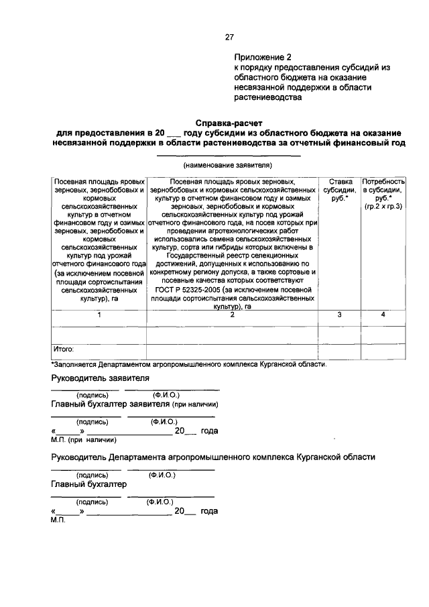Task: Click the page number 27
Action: tap(229, 37)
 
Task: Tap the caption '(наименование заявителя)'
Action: tap(228, 164)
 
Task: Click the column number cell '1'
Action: tap(99, 315)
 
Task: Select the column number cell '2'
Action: tap(233, 315)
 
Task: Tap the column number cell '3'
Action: tap(340, 315)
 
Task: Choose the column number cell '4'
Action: tap(383, 315)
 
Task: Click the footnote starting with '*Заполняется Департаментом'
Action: tap(189, 365)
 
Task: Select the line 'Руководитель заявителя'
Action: tap(100, 379)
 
